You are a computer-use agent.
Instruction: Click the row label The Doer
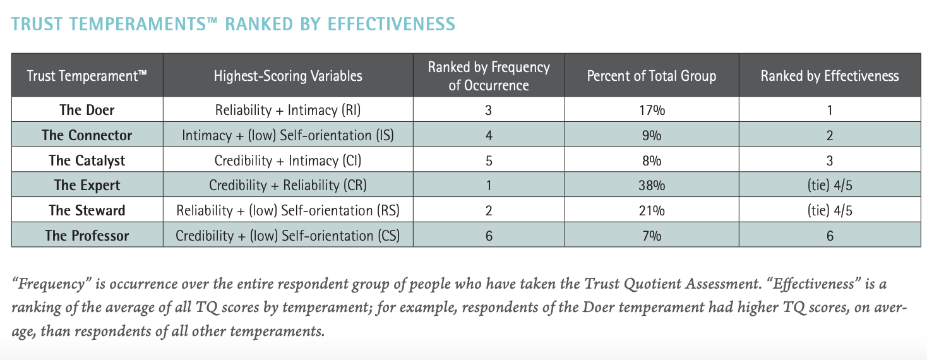pos(87,110)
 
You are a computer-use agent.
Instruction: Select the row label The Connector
pos(87,135)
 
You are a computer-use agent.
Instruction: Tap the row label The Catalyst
pos(87,160)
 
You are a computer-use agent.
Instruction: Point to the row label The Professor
pos(87,236)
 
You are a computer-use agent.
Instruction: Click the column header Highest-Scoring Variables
pos(288,76)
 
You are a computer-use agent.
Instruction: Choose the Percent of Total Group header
pos(651,76)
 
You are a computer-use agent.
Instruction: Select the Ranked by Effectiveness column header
pos(829,76)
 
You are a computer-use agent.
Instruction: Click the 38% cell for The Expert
pos(651,186)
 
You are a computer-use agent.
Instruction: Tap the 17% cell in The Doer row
pos(651,110)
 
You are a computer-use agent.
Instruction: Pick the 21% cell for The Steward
pos(651,210)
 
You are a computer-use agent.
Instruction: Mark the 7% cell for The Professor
pos(651,236)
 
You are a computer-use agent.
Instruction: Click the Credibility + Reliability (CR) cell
pos(288,186)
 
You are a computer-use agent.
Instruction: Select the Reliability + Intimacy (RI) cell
pos(288,110)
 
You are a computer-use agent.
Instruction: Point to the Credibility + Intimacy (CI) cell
pos(288,160)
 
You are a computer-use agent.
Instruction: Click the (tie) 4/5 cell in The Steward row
pos(829,210)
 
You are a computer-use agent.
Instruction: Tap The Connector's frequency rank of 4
pos(489,135)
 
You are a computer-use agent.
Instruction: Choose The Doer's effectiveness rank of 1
pos(829,110)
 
